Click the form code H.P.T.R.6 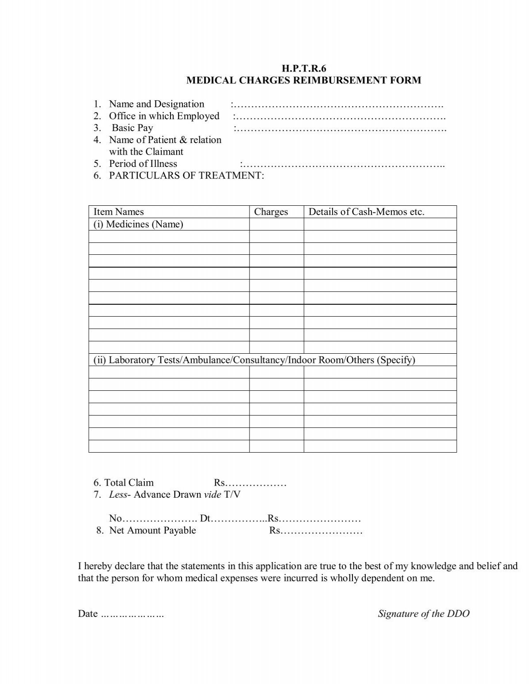[303, 68]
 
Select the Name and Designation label [156, 104]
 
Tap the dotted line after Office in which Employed [339, 117]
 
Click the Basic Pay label [132, 128]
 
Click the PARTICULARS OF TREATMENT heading [186, 176]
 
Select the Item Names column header [118, 212]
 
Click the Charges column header [271, 212]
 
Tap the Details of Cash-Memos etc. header [366, 212]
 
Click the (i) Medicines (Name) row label [138, 224]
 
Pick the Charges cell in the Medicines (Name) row [276, 224]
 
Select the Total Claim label [129, 483]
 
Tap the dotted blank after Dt [238, 518]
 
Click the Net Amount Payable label [152, 530]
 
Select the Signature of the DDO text [423, 614]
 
